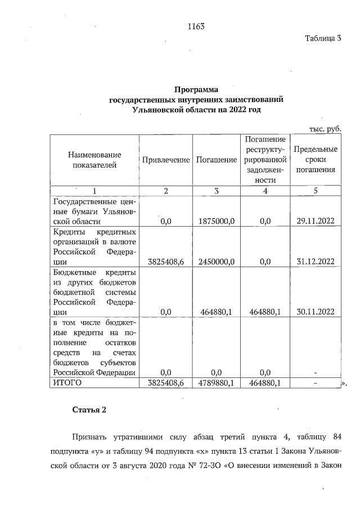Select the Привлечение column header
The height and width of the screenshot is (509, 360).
(x=166, y=160)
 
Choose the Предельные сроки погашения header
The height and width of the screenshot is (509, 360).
(x=316, y=160)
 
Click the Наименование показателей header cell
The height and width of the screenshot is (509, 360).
(x=94, y=160)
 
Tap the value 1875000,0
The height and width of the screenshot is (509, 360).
(x=217, y=221)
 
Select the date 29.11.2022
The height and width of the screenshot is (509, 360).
(x=316, y=221)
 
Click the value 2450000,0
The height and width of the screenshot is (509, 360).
(x=217, y=262)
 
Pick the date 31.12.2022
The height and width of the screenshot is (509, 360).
(x=316, y=262)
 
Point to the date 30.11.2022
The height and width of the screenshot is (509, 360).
(x=316, y=312)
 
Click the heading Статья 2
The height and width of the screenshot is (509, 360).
(x=89, y=409)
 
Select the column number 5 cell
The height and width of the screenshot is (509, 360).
(x=316, y=190)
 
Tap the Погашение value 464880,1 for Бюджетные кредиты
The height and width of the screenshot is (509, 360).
(x=217, y=312)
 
